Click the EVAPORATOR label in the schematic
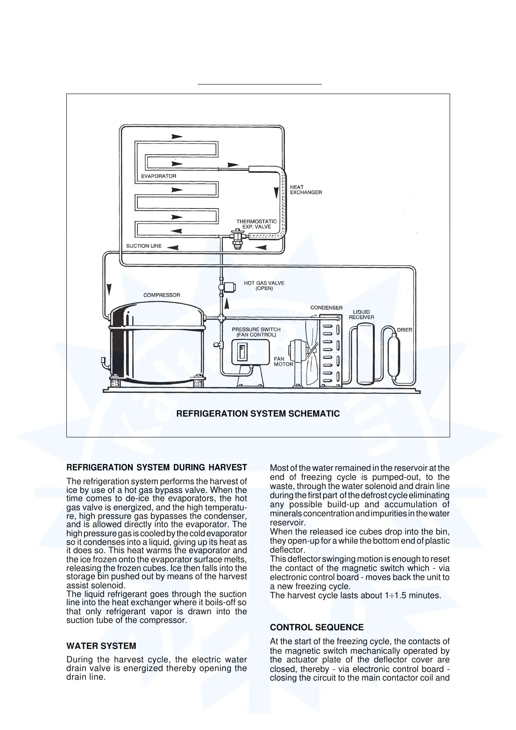tap(159, 176)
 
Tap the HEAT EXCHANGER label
tap(306, 190)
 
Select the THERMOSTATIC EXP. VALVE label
tap(256, 224)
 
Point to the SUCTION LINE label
tap(144, 246)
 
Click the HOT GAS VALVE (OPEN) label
tap(264, 286)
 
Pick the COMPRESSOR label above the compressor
tap(162, 295)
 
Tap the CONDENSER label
tap(327, 308)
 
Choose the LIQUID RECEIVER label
tap(362, 315)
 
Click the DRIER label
tap(405, 330)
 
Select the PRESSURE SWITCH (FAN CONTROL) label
tap(256, 332)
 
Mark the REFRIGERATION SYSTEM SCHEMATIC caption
tap(258, 414)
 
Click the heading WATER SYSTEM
tap(101, 646)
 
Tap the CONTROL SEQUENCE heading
tap(317, 627)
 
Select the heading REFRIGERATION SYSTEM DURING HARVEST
tap(157, 468)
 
